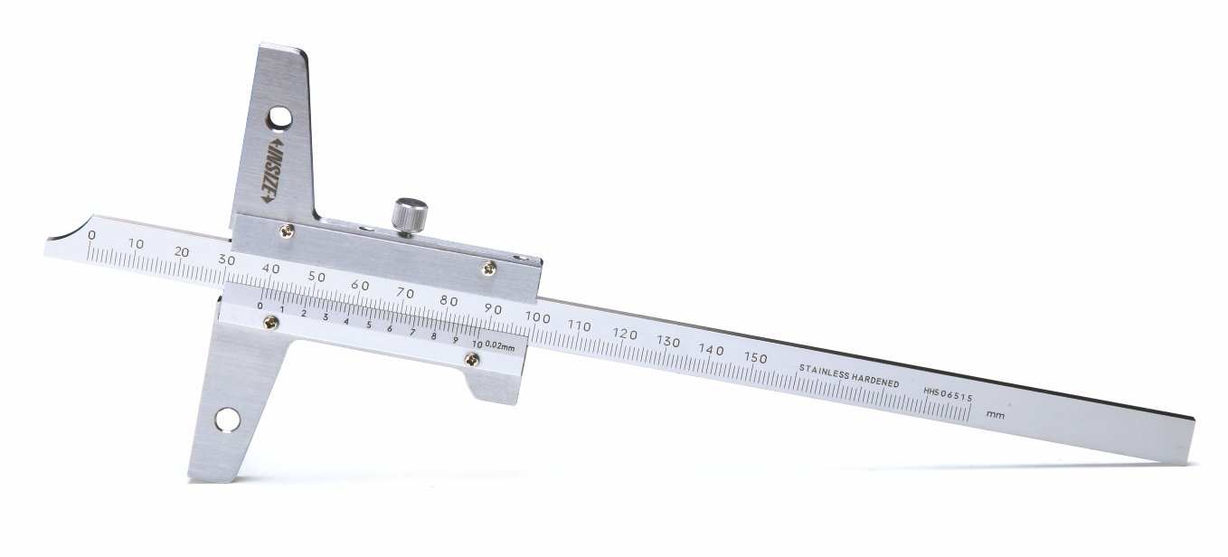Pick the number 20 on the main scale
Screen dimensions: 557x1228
click(182, 252)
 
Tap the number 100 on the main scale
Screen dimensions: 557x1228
click(537, 317)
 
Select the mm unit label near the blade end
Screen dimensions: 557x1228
click(996, 414)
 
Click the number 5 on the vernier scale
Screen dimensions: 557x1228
click(368, 325)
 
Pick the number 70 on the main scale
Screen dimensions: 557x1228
click(404, 293)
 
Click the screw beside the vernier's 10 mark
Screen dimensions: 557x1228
click(469, 361)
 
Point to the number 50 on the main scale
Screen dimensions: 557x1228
click(316, 277)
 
